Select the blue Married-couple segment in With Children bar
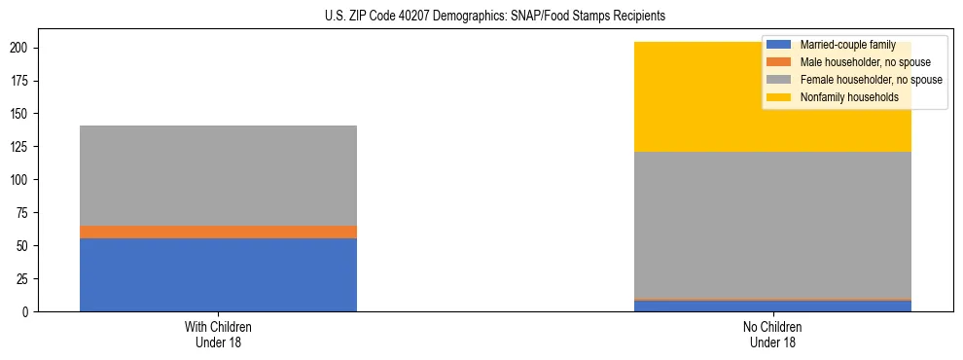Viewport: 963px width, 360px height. [218, 274]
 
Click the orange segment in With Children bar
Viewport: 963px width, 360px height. [218, 232]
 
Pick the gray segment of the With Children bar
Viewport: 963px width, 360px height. [218, 175]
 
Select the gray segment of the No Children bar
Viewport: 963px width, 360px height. [772, 225]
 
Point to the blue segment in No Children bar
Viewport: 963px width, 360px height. [772, 306]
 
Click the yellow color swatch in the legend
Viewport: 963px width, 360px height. [779, 97]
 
